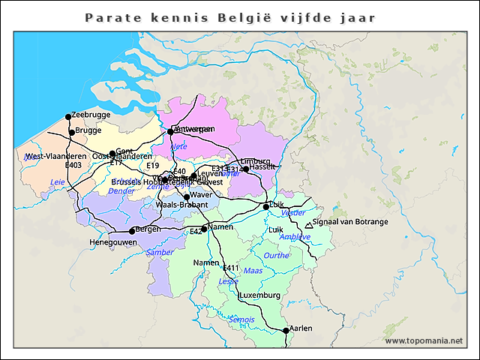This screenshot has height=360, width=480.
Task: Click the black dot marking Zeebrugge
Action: [68, 116]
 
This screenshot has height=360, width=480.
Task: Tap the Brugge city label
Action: [88, 130]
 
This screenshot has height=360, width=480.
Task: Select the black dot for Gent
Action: [112, 154]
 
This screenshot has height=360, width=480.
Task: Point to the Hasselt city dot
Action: [245, 169]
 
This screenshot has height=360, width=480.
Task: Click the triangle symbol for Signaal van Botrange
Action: [309, 224]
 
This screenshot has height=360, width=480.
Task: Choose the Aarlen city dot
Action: [286, 330]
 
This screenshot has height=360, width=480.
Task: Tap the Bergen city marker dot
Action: [132, 231]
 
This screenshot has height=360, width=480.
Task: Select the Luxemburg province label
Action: [259, 295]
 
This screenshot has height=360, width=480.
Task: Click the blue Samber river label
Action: [160, 253]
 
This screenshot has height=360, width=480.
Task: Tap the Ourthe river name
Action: [277, 256]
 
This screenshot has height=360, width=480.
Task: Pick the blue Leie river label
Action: [57, 182]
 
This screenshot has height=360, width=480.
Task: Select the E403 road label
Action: [73, 165]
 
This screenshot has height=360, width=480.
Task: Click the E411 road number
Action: [231, 268]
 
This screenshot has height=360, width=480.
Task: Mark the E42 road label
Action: [196, 232]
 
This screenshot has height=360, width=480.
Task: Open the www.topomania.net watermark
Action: [424, 340]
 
